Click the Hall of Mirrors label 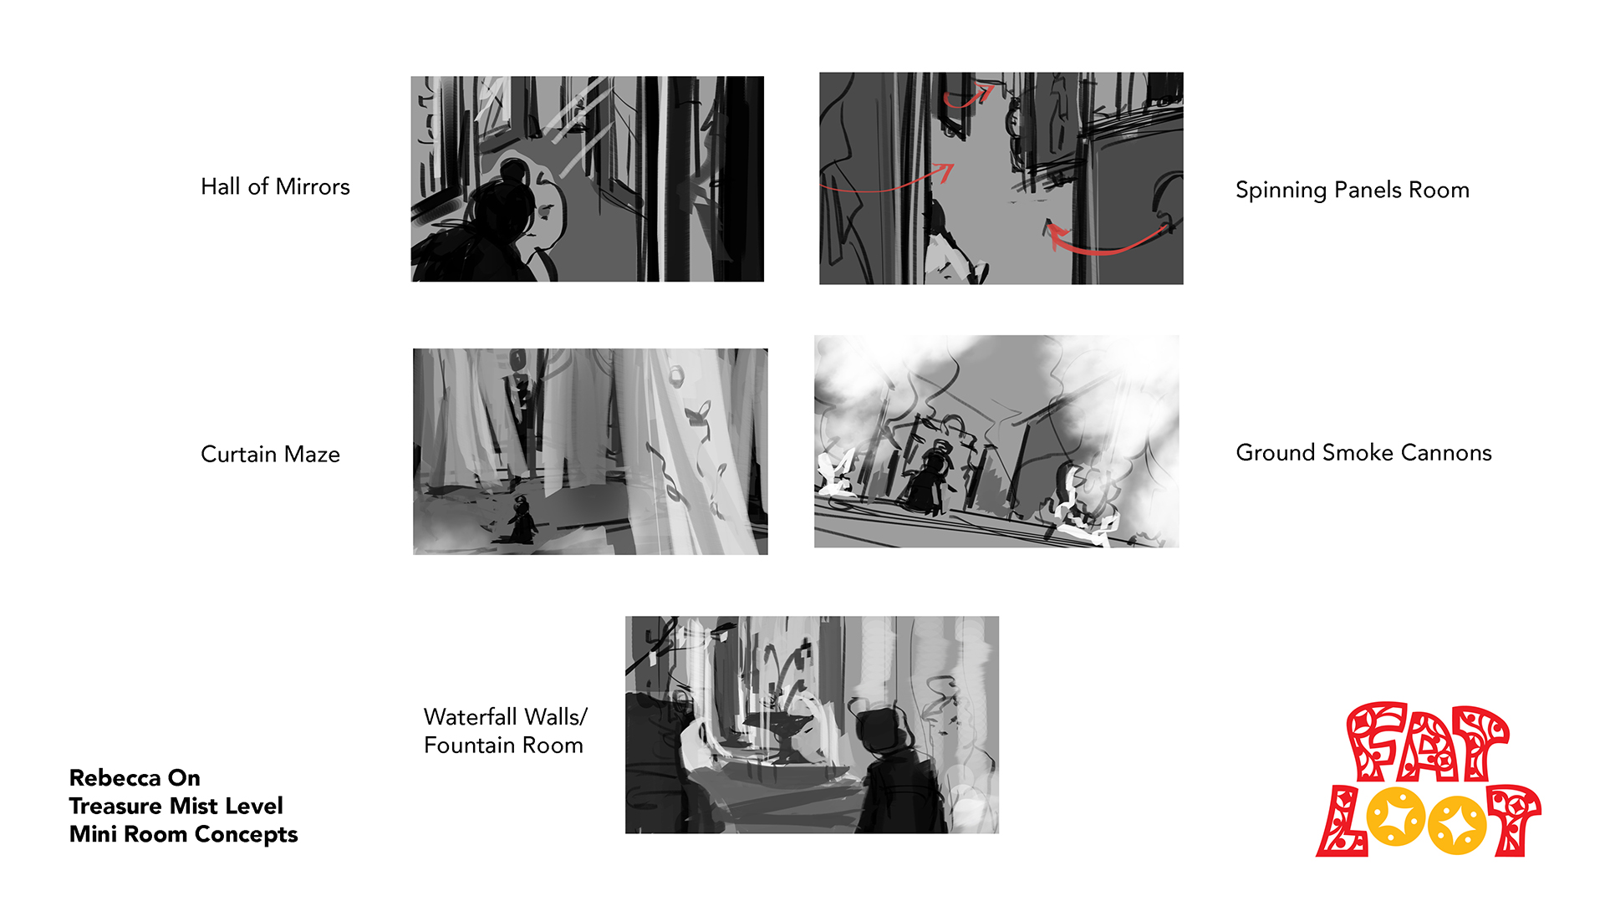point(275,186)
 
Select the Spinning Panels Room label point(1352,190)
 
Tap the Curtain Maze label point(270,454)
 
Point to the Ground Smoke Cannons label point(1363,452)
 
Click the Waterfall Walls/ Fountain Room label point(505,730)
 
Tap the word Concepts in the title point(246,835)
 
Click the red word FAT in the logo point(1426,742)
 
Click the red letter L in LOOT point(1342,821)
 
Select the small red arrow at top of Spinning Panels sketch point(967,97)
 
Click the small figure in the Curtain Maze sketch point(522,520)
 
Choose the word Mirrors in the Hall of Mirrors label point(313,186)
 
